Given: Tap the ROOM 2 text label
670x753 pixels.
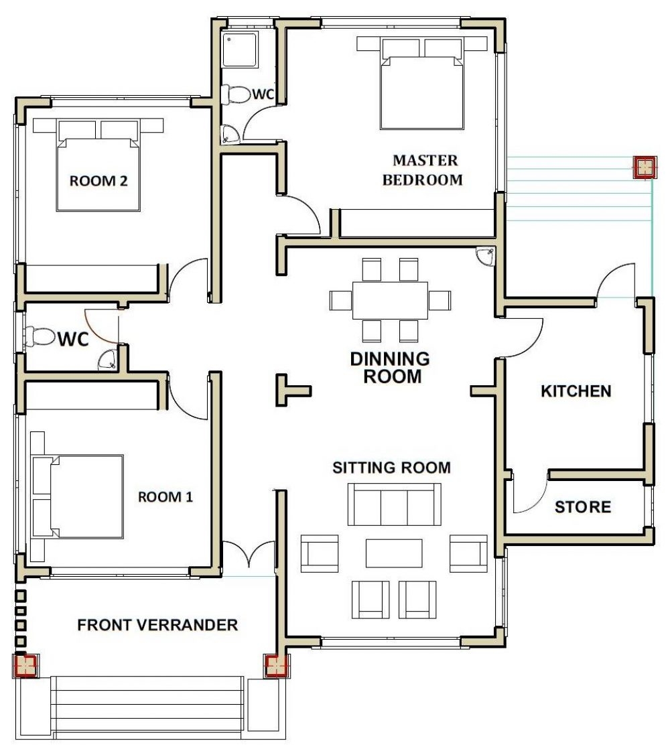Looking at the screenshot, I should pyautogui.click(x=98, y=181).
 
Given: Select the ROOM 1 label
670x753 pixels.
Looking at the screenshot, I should pyautogui.click(x=165, y=497).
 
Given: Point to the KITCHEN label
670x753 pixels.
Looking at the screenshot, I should pyautogui.click(x=576, y=391).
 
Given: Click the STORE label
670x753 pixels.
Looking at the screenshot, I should pyautogui.click(x=582, y=507).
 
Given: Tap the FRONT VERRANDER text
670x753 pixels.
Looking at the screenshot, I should pyautogui.click(x=157, y=625).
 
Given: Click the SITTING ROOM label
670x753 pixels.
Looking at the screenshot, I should pyautogui.click(x=391, y=468).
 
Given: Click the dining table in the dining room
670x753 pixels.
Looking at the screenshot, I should pyautogui.click(x=390, y=300).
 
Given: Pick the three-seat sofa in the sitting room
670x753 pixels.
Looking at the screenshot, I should pyautogui.click(x=394, y=505).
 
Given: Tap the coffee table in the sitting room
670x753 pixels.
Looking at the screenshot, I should pyautogui.click(x=394, y=553).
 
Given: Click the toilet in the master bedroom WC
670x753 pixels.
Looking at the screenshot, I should pyautogui.click(x=234, y=94).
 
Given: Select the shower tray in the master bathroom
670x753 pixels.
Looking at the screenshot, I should pyautogui.click(x=240, y=50).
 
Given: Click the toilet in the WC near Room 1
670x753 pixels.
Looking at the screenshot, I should pyautogui.click(x=40, y=337).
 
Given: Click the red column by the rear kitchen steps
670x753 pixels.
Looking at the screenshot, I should pyautogui.click(x=644, y=167).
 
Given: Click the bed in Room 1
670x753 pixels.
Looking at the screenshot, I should pyautogui.click(x=79, y=496).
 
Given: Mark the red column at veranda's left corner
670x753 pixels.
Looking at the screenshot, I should pyautogui.click(x=25, y=666).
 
